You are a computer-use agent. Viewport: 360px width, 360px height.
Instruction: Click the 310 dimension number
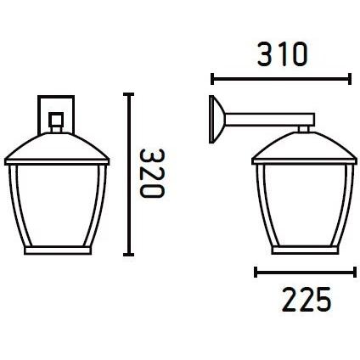tap(282, 54)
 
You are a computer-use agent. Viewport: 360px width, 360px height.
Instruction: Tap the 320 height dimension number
tap(152, 173)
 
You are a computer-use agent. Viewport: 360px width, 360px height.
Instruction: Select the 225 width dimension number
tap(307, 299)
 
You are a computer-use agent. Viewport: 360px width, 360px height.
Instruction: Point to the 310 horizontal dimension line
tap(281, 79)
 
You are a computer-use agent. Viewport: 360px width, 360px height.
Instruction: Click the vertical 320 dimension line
tap(128, 174)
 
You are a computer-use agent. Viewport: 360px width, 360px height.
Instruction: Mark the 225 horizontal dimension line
tap(305, 272)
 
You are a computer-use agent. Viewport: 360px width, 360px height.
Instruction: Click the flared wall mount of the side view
tap(217, 119)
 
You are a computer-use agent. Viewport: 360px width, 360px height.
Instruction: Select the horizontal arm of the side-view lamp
tap(269, 120)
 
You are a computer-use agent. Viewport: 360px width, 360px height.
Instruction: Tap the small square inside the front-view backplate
tap(56, 120)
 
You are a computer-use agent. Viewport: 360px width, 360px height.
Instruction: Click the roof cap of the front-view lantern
tap(57, 149)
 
